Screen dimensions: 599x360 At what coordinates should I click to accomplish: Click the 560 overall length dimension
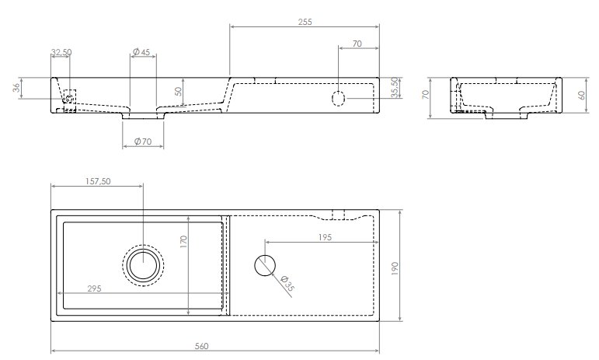pos(202,346)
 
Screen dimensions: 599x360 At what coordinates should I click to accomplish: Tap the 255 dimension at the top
pos(305,23)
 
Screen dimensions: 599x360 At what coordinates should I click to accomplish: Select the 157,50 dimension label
pos(98,181)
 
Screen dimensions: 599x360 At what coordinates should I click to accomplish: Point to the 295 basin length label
pos(94,288)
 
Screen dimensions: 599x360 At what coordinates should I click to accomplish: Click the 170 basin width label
pos(184,242)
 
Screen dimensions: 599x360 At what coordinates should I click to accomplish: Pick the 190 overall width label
pos(395,269)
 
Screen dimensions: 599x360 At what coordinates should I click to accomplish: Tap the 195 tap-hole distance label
pos(325,237)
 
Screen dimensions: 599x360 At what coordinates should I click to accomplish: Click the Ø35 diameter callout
pos(287,284)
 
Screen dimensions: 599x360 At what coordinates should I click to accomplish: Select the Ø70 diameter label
pos(143,142)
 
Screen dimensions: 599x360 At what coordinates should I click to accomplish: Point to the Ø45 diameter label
pos(141,52)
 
